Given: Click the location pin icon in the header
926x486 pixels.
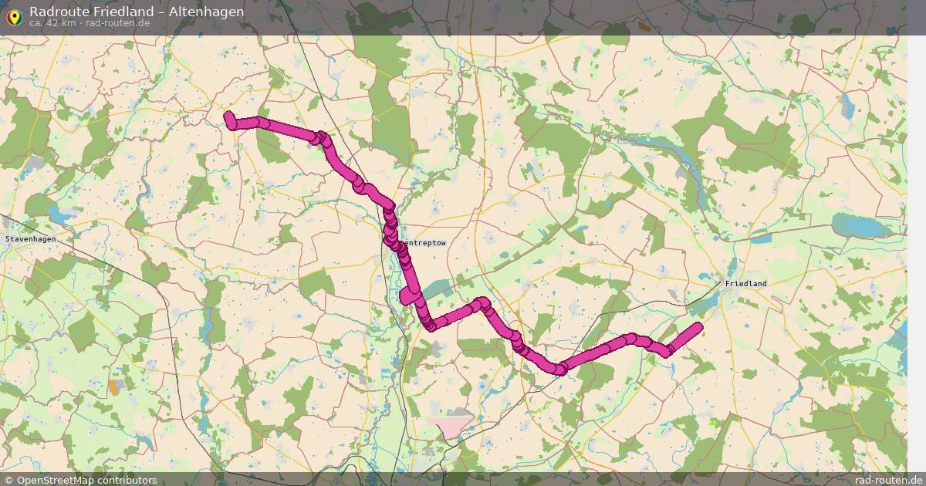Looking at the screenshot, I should (x=15, y=15).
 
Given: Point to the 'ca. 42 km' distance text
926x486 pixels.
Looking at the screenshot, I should (x=52, y=23).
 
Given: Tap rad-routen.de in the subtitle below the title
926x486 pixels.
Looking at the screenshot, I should (x=117, y=23).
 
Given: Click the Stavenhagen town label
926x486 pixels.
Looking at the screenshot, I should (x=30, y=240).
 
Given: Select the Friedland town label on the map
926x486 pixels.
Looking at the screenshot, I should (x=745, y=284).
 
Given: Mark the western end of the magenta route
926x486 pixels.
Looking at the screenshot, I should (x=229, y=117).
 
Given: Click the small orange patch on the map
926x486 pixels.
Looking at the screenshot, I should (x=115, y=386).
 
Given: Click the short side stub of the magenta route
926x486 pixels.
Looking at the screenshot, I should (x=405, y=297).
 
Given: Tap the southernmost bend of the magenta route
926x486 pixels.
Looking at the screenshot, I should (x=558, y=369).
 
